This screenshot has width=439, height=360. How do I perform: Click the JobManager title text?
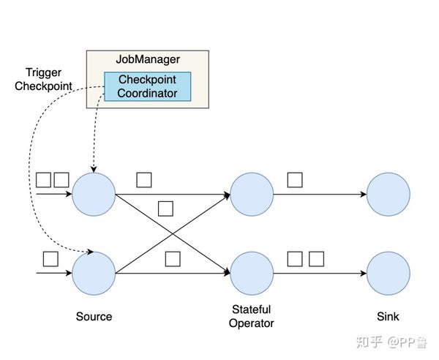point(148,59)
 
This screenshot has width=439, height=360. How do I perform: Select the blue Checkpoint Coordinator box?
point(147,86)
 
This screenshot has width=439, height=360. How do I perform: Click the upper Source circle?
point(94,195)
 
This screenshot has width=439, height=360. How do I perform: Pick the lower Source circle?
point(94,273)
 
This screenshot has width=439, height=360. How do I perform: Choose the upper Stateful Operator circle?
point(252,195)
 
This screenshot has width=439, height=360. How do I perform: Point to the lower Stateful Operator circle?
point(252,273)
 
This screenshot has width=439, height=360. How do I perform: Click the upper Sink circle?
point(388,195)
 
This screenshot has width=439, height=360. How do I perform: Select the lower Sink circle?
point(388,273)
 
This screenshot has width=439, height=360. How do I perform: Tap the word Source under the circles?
point(94,317)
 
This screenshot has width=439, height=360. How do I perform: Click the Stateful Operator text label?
point(251,316)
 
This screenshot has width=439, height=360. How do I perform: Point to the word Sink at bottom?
point(388,317)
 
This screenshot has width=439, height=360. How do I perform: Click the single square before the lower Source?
point(50,258)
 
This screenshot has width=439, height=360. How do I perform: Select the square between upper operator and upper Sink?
point(295,180)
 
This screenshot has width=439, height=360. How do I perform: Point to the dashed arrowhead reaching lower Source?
point(90,252)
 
